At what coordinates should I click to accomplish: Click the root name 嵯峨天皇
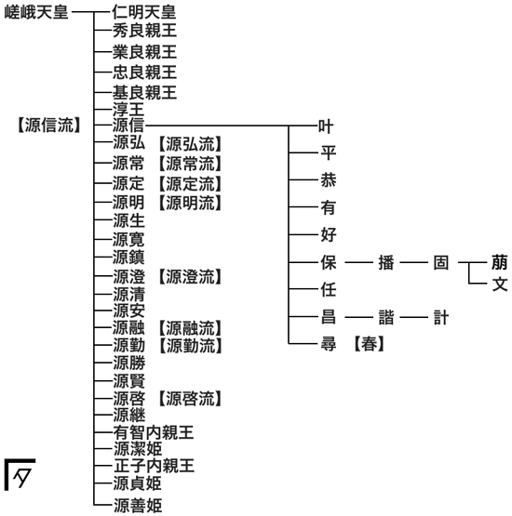[x=36, y=12]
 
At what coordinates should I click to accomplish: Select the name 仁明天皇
[x=144, y=12]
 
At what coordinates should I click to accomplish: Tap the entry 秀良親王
[x=144, y=31]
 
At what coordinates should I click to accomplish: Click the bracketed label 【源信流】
[x=49, y=126]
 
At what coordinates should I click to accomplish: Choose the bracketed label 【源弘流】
[x=190, y=144]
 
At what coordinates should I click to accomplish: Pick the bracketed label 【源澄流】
[x=190, y=276]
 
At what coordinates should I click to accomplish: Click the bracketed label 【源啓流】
[x=190, y=399]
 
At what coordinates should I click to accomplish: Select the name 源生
[x=128, y=220]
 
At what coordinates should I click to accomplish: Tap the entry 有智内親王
[x=154, y=432]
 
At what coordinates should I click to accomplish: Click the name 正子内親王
[x=154, y=466]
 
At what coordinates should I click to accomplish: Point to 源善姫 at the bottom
[x=138, y=506]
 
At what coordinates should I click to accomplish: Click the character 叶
[x=326, y=126]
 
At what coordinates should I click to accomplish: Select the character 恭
[x=329, y=180]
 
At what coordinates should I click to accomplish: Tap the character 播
[x=386, y=263]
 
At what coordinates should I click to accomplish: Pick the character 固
[x=441, y=263]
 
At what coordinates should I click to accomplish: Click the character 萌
[x=500, y=262]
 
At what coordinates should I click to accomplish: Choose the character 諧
[x=386, y=318]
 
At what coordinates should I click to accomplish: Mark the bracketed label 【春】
[x=369, y=344]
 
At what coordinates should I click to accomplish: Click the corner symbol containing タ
[x=20, y=474]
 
